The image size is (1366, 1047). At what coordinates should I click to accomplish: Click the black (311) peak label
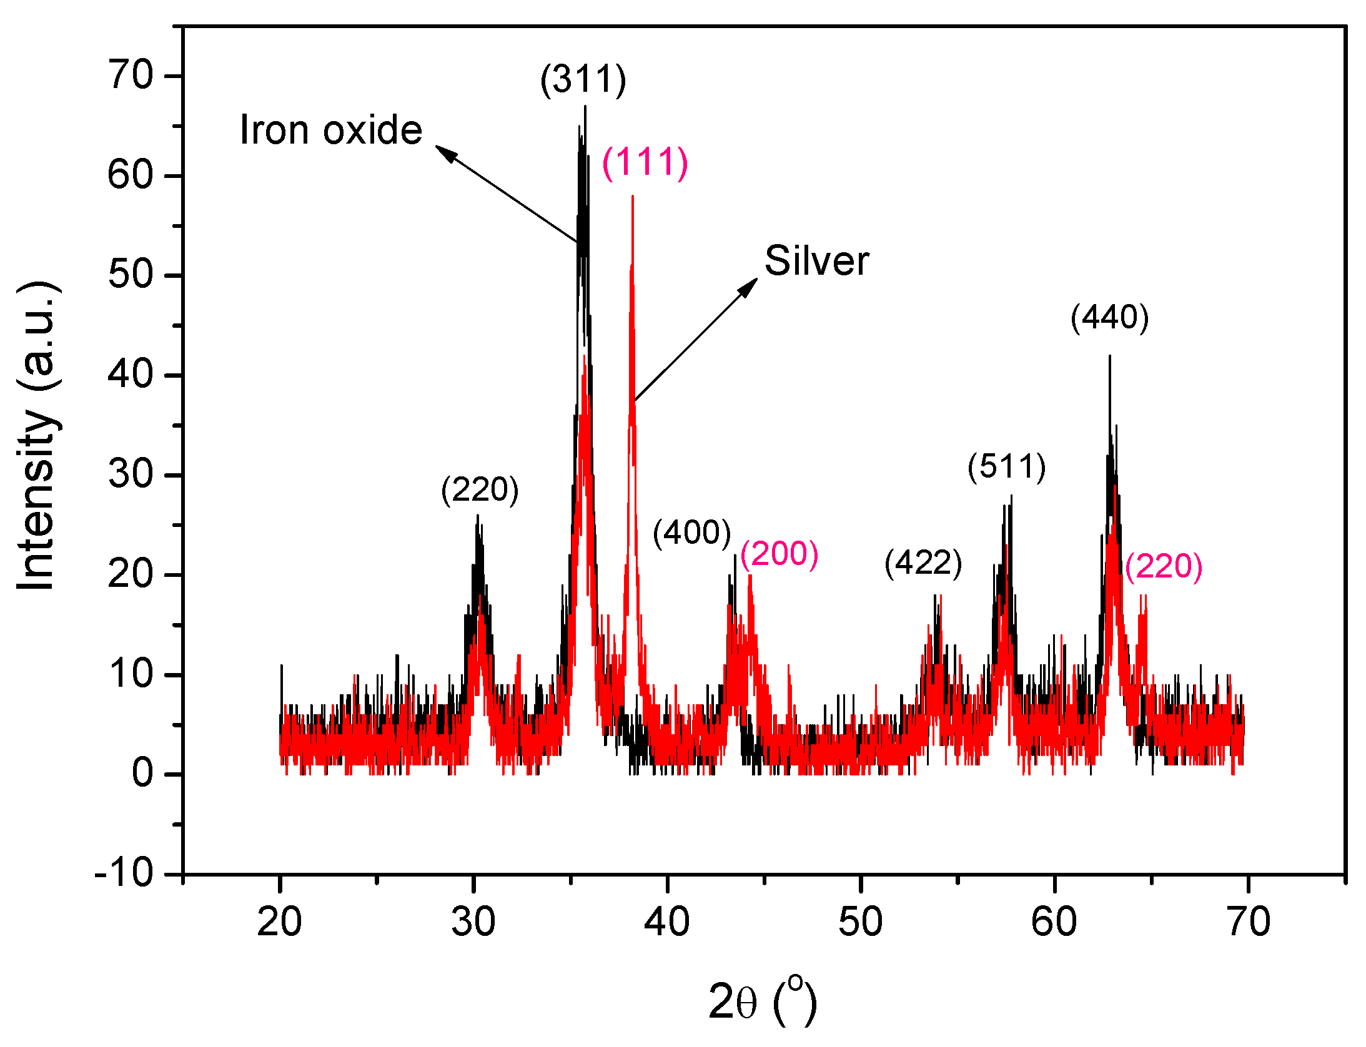click(583, 80)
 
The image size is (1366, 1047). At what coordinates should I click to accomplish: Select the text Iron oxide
click(331, 130)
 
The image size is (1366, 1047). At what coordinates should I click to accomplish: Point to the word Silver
click(816, 261)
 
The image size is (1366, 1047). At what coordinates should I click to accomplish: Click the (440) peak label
click(1109, 318)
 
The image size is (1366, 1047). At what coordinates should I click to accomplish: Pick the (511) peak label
click(1006, 467)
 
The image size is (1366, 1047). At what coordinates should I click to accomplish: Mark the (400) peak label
click(691, 533)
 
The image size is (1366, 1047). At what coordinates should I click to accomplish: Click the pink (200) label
click(779, 553)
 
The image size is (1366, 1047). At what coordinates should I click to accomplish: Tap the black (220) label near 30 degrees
click(480, 489)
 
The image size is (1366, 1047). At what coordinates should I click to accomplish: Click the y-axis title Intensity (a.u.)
click(37, 436)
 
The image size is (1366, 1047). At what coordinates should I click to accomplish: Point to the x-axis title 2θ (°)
click(762, 1001)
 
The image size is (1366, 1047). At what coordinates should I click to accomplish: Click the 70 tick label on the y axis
click(131, 76)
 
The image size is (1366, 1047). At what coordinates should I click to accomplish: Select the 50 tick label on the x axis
click(860, 922)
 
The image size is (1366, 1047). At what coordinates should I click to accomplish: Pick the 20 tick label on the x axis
click(279, 922)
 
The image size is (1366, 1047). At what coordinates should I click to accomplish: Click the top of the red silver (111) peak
click(633, 197)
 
